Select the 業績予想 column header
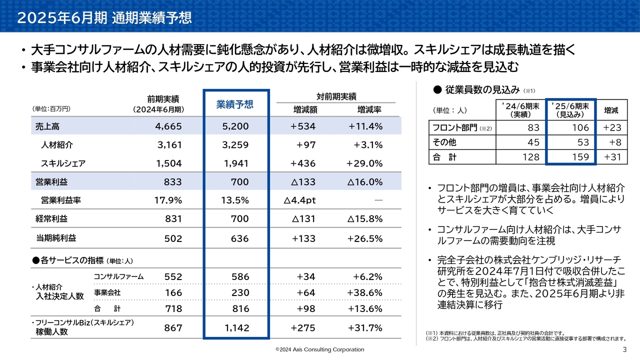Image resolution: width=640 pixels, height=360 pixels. point(234,104)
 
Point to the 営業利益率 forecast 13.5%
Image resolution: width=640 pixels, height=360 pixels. point(234,200)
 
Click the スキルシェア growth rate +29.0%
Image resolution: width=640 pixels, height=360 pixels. point(364,163)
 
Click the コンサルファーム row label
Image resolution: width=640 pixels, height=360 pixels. point(119,276)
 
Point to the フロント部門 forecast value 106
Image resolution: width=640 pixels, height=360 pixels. point(569,128)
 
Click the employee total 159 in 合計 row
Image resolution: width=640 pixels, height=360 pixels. point(569,157)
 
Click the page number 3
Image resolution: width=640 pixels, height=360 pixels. point(624,349)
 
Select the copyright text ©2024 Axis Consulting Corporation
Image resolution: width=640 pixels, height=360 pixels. point(320,349)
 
